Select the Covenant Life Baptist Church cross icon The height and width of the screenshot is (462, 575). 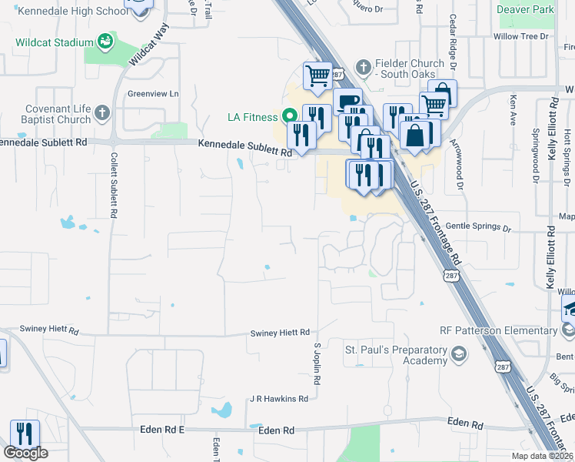[x=105, y=115]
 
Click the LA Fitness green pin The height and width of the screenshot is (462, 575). [x=291, y=117]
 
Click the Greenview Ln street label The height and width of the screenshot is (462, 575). [x=152, y=94]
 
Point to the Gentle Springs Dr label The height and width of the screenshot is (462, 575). [x=477, y=228]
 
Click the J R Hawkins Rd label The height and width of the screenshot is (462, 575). [x=278, y=399]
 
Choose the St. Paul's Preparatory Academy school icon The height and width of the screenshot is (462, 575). [x=459, y=354]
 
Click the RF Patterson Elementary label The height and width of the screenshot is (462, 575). [x=497, y=330]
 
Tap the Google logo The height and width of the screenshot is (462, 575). [x=25, y=453]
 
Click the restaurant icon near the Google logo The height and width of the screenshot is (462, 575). [x=24, y=434]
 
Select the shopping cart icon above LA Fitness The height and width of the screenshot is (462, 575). [x=317, y=76]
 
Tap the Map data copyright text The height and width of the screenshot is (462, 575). [x=542, y=456]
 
